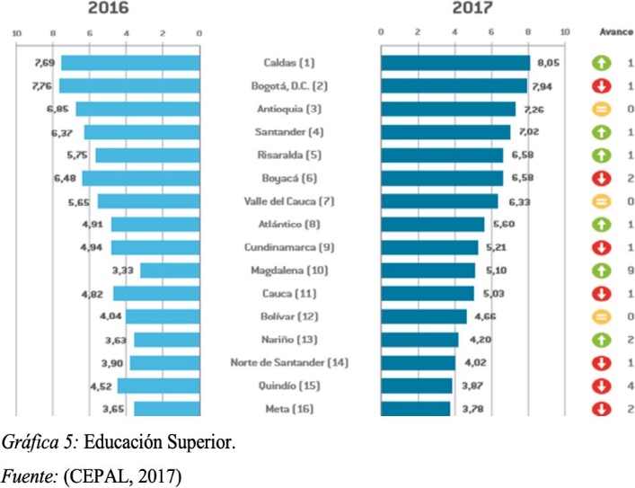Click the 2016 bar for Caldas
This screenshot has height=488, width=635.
pyautogui.click(x=129, y=63)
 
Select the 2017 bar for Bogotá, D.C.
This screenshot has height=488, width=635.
pyautogui.click(x=454, y=86)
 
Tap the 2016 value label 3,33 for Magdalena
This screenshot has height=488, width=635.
pyautogui.click(x=123, y=270)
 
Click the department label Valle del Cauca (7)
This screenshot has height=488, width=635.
pyautogui.click(x=289, y=200)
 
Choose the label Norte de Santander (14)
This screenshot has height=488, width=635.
pyautogui.click(x=289, y=362)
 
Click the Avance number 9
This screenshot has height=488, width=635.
pyautogui.click(x=631, y=270)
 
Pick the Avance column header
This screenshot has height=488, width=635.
pyautogui.click(x=615, y=32)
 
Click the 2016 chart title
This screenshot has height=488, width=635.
pyautogui.click(x=108, y=9)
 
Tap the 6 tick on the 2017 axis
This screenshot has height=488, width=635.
pyautogui.click(x=491, y=33)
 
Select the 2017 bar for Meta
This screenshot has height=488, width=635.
pyautogui.click(x=415, y=409)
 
